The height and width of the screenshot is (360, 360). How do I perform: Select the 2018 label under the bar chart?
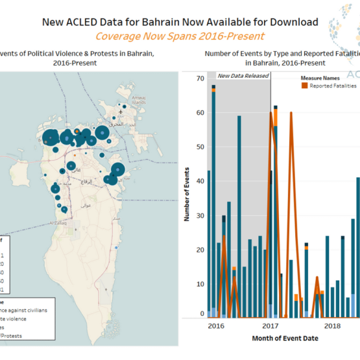coord(333,326)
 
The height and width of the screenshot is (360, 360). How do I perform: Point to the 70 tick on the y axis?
coord(200,78)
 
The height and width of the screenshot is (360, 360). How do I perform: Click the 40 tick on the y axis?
coord(200,181)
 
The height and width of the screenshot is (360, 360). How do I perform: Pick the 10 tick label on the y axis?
coord(200,284)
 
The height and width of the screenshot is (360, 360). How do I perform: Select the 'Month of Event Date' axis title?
coord(272,338)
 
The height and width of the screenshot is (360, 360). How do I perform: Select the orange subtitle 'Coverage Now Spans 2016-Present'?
coord(180,36)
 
